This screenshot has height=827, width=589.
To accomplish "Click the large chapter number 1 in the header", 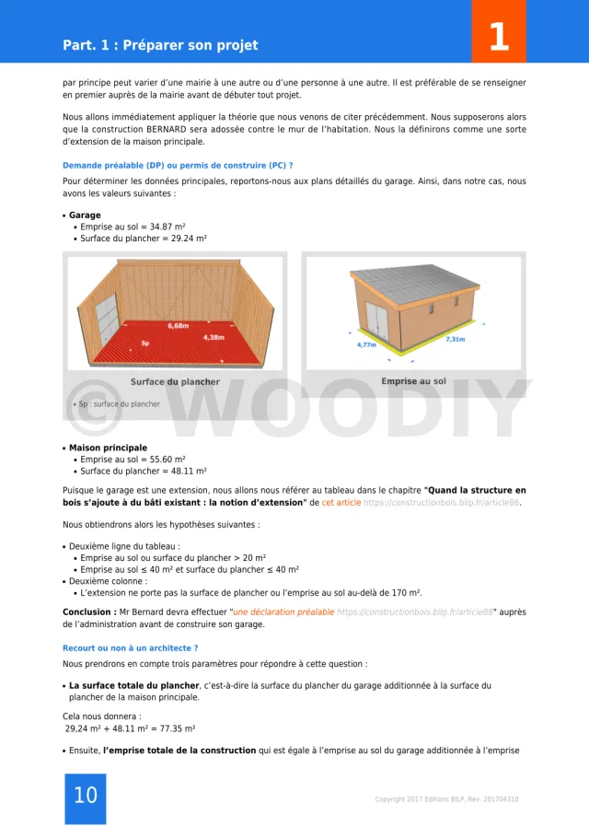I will (x=498, y=38).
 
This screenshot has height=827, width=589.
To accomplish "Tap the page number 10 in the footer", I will (x=85, y=796).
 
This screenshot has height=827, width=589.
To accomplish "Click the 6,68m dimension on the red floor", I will (x=179, y=325).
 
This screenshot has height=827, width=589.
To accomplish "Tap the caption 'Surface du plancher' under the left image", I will (x=175, y=381).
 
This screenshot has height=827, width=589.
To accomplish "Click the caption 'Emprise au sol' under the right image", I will (x=414, y=381).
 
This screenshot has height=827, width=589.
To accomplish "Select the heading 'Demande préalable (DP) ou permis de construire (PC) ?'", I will (x=178, y=165).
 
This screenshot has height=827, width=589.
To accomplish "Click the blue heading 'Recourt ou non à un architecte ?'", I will (x=130, y=648).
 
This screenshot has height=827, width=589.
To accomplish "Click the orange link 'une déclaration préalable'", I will (x=283, y=612).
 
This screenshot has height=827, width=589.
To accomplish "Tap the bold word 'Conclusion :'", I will (x=89, y=612).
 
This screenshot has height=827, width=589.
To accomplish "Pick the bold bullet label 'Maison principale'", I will (x=108, y=448).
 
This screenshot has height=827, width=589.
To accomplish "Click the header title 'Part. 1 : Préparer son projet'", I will (x=160, y=45).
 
